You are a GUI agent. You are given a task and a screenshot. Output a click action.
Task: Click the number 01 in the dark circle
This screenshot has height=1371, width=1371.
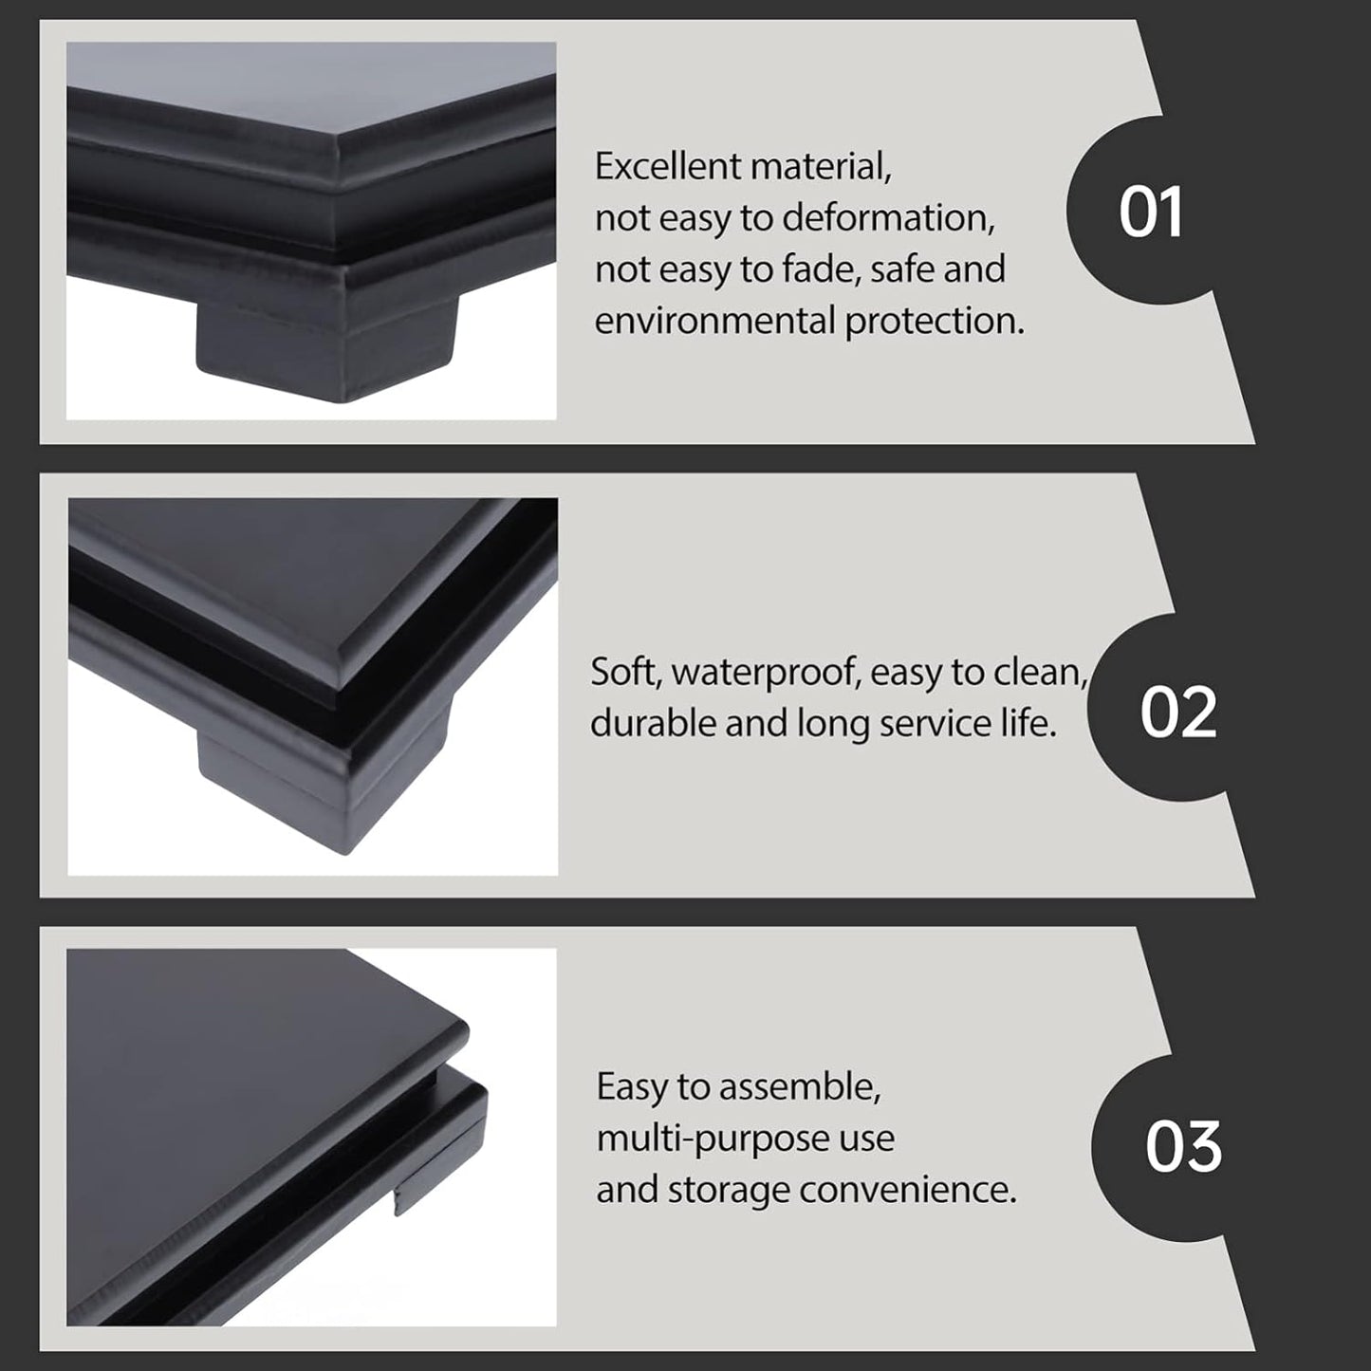(x=1151, y=212)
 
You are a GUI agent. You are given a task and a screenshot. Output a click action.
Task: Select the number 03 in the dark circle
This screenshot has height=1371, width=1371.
(x=1183, y=1146)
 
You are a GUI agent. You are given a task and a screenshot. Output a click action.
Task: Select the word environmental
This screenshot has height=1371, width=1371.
(x=714, y=321)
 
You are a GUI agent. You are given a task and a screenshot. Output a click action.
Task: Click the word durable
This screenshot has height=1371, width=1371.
(x=653, y=724)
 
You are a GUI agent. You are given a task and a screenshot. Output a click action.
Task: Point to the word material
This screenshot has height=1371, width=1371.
(x=821, y=166)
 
